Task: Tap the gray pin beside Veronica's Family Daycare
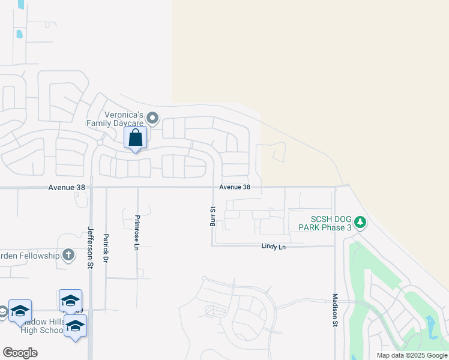(x=152, y=118)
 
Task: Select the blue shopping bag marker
(x=136, y=137)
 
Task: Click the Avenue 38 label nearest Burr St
(x=235, y=187)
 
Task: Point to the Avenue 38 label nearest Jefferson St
(x=67, y=188)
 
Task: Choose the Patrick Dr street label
(x=106, y=248)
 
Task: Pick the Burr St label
(x=212, y=217)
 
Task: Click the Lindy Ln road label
(x=273, y=247)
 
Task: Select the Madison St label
(x=335, y=310)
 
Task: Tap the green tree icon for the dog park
(x=360, y=223)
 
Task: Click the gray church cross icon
(x=68, y=256)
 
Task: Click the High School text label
(x=41, y=330)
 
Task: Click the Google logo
(x=20, y=353)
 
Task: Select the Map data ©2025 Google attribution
(x=412, y=355)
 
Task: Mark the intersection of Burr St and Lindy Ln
(x=212, y=245)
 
